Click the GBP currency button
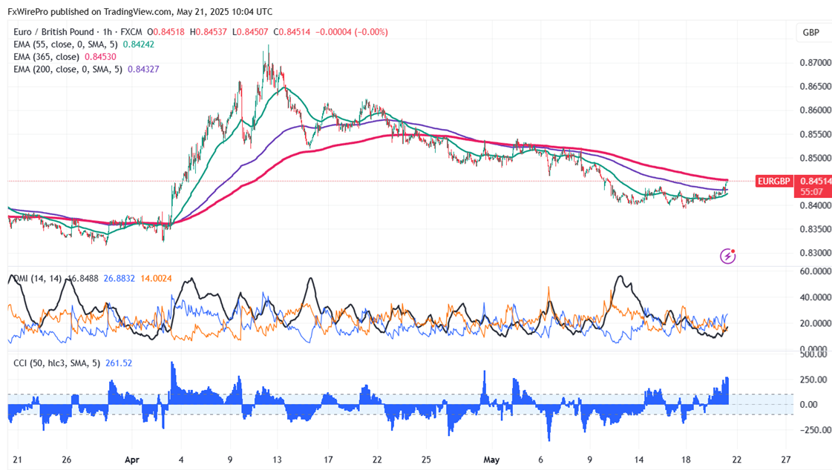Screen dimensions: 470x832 click(x=810, y=33)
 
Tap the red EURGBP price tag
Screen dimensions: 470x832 click(x=792, y=180)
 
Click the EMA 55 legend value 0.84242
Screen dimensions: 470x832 click(x=139, y=44)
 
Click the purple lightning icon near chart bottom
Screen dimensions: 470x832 click(x=728, y=256)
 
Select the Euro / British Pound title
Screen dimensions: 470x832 click(x=51, y=32)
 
